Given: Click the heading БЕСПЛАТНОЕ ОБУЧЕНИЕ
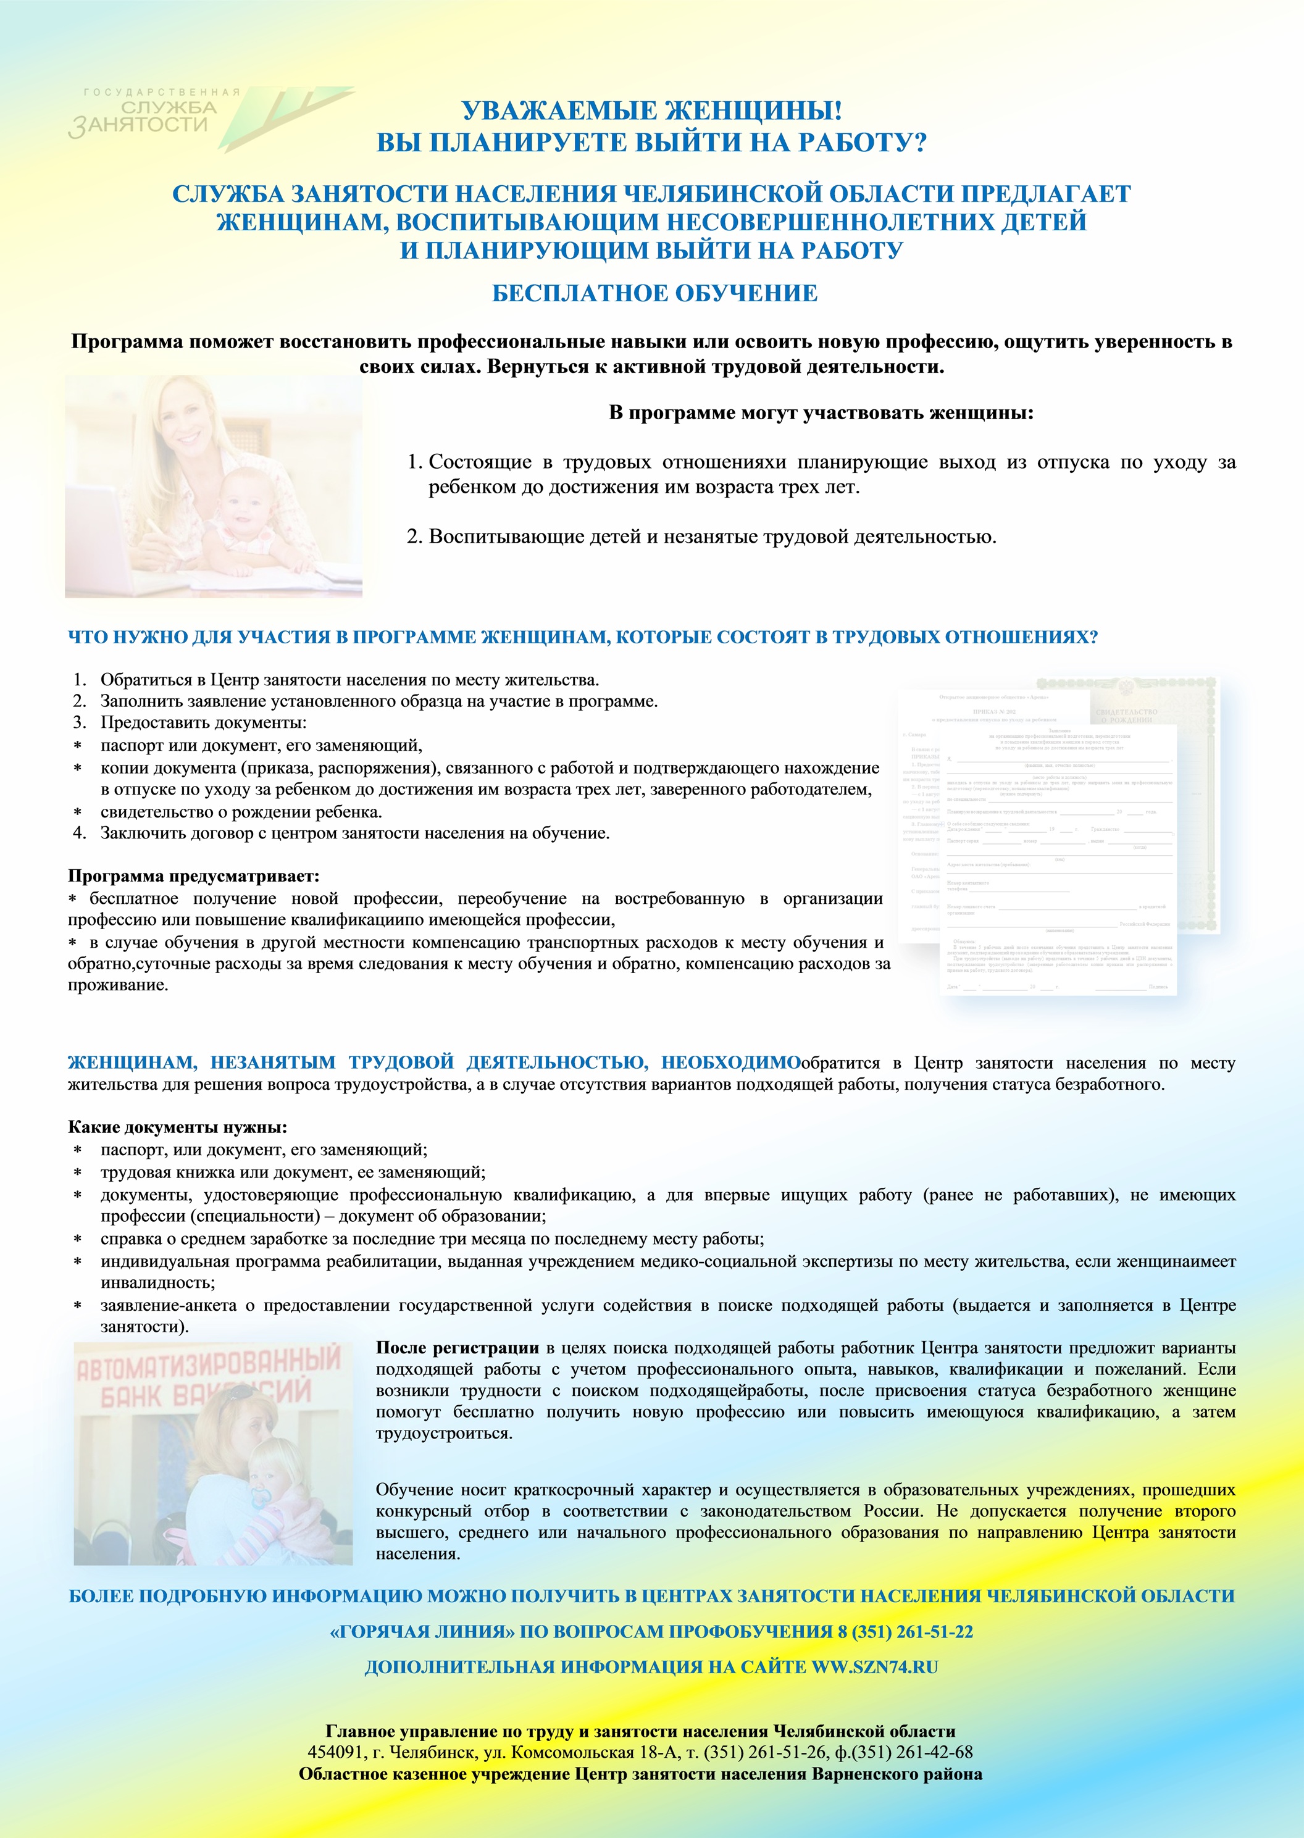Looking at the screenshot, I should tap(654, 293).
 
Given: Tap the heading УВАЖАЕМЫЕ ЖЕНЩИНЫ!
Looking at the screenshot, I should tap(651, 111).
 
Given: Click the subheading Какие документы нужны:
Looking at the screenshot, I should tap(177, 1127).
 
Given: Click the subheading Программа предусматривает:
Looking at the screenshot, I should tap(193, 876).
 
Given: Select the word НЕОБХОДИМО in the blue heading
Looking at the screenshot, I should tap(730, 1063).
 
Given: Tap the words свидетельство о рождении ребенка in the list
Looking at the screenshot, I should tap(241, 812).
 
